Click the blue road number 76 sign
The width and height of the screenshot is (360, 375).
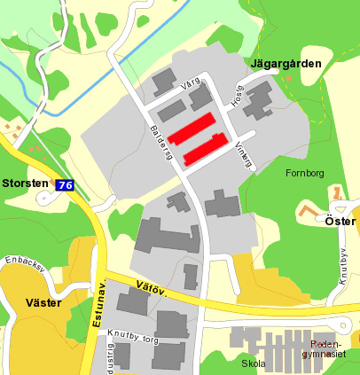click(x=64, y=185)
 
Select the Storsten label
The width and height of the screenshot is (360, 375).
click(x=26, y=184)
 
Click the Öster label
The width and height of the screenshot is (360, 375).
click(x=340, y=221)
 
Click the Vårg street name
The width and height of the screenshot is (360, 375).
click(x=190, y=85)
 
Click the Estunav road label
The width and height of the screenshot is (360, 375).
click(x=98, y=307)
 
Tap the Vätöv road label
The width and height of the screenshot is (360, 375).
click(x=152, y=287)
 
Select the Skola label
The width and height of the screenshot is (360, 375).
click(x=253, y=363)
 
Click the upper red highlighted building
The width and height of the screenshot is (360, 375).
click(x=192, y=129)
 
